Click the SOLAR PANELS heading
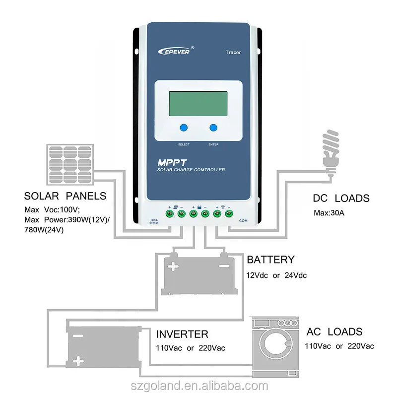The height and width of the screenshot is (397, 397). pyautogui.click(x=65, y=196)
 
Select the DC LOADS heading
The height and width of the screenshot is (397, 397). pyautogui.click(x=341, y=198)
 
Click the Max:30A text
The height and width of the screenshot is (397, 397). pyautogui.click(x=329, y=213)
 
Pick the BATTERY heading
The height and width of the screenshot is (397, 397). pyautogui.click(x=270, y=260)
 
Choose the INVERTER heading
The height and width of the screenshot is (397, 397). pyautogui.click(x=182, y=333)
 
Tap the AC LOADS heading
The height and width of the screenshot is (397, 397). pyautogui.click(x=334, y=331)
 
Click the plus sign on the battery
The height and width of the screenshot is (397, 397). pyautogui.click(x=173, y=267)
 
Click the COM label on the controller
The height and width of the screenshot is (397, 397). pyautogui.click(x=244, y=221)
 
